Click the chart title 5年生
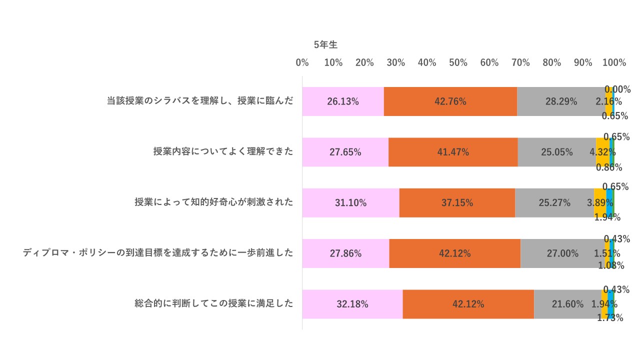pos(325,45)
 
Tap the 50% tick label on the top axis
pos(458,62)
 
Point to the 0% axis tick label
pos(302,62)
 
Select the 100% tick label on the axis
pos(614,62)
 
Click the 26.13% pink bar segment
pos(343,101)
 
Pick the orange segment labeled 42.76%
pos(450,101)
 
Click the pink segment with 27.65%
pos(345,152)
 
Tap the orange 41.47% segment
pos(453,152)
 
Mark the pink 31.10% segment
pos(350,203)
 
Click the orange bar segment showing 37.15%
pos(457,203)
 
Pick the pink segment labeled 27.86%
pos(345,253)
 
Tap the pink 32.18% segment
pos(352,304)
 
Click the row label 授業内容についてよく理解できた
pos(223,151)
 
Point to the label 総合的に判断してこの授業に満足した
pos(213,303)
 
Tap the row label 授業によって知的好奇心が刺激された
pos(213,202)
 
